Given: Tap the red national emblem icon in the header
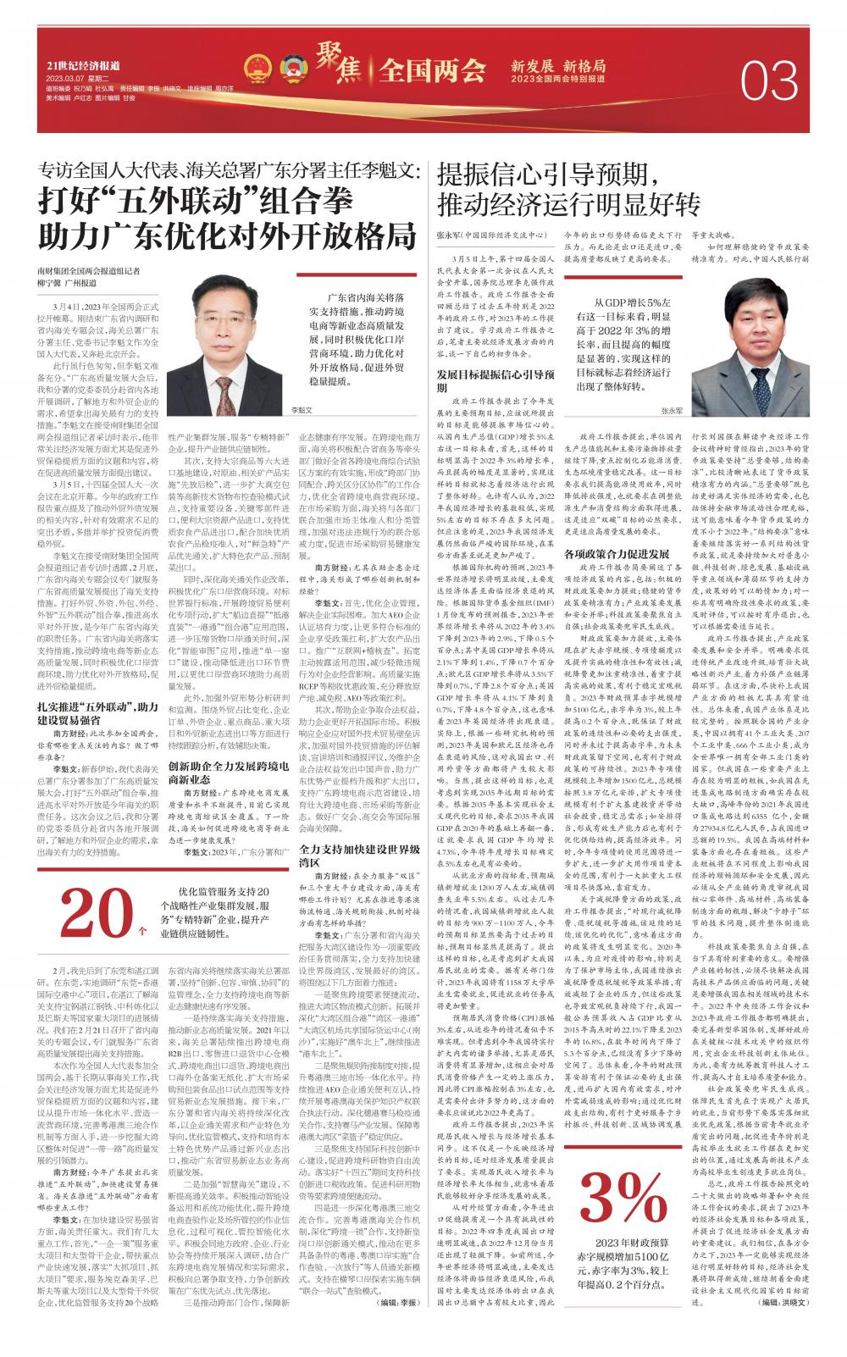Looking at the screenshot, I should click(x=256, y=69).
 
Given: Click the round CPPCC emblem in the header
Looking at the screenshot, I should click(x=289, y=69).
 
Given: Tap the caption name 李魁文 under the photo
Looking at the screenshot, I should click(x=301, y=408).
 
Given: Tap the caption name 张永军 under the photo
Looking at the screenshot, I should click(x=669, y=409).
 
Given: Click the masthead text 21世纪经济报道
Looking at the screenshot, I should click(x=82, y=66).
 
